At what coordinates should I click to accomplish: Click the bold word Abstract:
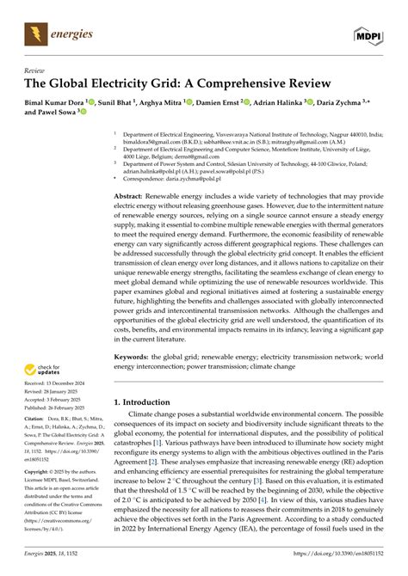(x=132, y=197)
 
